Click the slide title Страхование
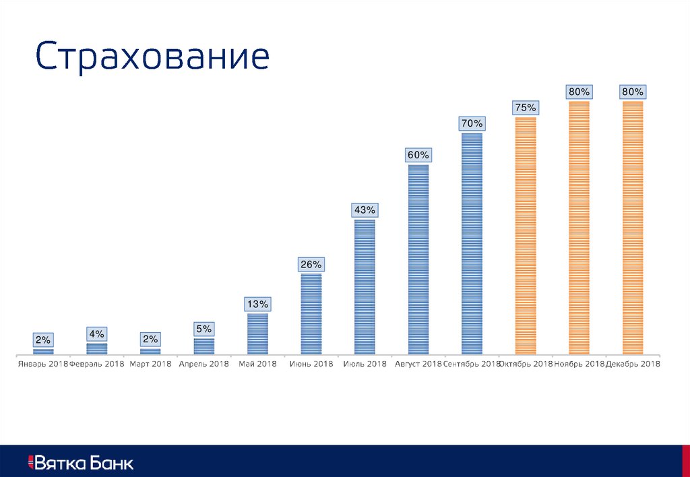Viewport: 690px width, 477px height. pyautogui.click(x=153, y=57)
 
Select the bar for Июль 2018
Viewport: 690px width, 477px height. pyautogui.click(x=365, y=286)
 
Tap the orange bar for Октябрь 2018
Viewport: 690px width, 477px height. pyautogui.click(x=526, y=236)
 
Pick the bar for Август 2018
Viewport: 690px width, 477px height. pyautogui.click(x=418, y=259)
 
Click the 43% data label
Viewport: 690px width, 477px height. pyautogui.click(x=365, y=210)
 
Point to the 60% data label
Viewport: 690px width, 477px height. pyautogui.click(x=418, y=155)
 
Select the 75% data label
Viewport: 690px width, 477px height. pyautogui.click(x=526, y=107)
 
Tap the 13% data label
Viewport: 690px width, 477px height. pyautogui.click(x=257, y=305)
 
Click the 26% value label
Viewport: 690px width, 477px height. pyautogui.click(x=311, y=264)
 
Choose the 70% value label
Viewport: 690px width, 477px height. pyautogui.click(x=472, y=123)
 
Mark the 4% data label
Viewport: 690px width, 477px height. pyautogui.click(x=96, y=334)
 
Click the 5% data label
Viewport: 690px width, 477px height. pyautogui.click(x=204, y=329)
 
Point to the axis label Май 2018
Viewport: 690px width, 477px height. pyautogui.click(x=257, y=364)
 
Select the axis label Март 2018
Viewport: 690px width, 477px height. pyautogui.click(x=151, y=364)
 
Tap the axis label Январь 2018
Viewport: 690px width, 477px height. pyautogui.click(x=42, y=364)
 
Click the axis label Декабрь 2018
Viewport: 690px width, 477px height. pyautogui.click(x=633, y=364)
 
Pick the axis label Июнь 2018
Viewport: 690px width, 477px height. pyautogui.click(x=311, y=364)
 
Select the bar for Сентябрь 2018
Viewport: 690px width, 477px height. pyautogui.click(x=472, y=243)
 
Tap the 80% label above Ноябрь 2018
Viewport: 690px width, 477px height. pyautogui.click(x=579, y=91)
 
